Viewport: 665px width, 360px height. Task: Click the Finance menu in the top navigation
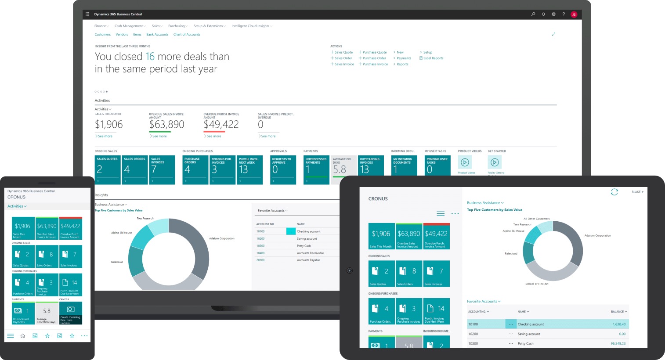[101, 26]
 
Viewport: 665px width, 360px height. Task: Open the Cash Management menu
[129, 26]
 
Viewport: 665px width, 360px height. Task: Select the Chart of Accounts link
[187, 34]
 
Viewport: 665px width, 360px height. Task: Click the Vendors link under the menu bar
[122, 34]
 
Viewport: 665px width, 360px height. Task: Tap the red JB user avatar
[574, 14]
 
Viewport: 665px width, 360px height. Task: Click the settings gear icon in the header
[553, 14]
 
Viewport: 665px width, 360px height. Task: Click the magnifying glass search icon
[533, 14]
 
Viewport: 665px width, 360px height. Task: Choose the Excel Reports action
[433, 58]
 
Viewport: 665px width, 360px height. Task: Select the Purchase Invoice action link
[375, 64]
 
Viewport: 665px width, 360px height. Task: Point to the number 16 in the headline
[150, 57]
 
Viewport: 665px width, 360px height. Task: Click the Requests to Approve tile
[283, 169]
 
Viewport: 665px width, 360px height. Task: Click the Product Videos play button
[465, 162]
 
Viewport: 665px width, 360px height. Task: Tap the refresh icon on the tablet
[614, 192]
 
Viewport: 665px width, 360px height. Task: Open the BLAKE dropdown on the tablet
[637, 192]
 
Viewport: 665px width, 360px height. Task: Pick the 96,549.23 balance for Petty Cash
[618, 343]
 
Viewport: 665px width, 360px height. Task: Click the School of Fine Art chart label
[537, 284]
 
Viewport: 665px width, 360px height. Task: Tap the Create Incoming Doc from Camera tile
[70, 313]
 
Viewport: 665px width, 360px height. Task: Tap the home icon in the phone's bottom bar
[23, 336]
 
